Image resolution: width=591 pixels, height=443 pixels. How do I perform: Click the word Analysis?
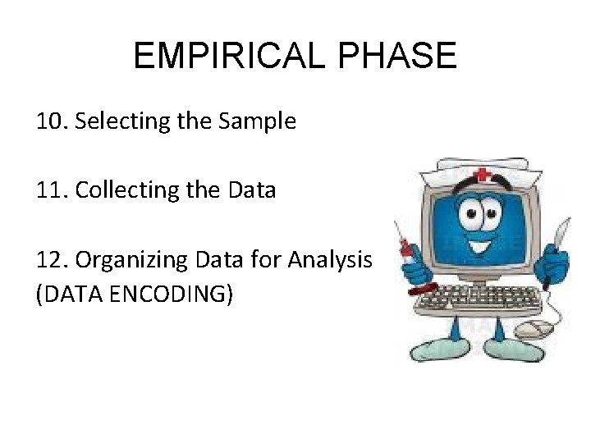pyautogui.click(x=337, y=260)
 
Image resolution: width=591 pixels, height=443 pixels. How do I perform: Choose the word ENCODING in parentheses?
pyautogui.click(x=174, y=294)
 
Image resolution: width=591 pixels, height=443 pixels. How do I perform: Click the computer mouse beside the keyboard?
pyautogui.click(x=534, y=330)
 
